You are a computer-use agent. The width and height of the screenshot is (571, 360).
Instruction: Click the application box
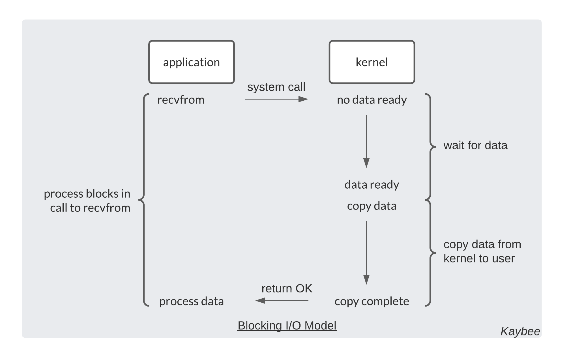[191, 62]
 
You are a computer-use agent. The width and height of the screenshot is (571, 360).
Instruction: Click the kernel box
[372, 62]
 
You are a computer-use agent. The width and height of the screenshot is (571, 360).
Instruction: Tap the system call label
[276, 87]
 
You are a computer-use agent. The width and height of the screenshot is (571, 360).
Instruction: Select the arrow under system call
[276, 99]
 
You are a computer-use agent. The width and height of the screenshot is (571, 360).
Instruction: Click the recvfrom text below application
[181, 100]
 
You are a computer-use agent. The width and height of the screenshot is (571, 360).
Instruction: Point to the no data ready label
[372, 100]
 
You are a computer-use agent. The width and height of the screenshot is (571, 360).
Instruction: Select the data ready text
[372, 184]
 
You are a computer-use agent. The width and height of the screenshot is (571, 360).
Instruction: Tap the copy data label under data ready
[372, 206]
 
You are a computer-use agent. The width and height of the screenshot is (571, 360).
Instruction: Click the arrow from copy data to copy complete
[366, 252]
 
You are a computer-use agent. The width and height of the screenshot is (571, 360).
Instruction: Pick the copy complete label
[372, 301]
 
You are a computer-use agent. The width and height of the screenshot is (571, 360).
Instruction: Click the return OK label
[287, 288]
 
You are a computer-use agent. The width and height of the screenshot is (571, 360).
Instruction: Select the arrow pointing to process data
[282, 301]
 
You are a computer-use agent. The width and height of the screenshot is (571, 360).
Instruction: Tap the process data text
[191, 301]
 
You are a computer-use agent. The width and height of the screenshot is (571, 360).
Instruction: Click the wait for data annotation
[475, 145]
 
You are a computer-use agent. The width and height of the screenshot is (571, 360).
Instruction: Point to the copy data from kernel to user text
[482, 251]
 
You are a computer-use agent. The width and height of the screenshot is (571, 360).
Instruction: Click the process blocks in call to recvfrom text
[87, 201]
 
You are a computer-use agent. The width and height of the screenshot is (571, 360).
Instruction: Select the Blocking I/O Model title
[287, 325]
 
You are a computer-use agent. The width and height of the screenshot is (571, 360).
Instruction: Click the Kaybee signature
[520, 331]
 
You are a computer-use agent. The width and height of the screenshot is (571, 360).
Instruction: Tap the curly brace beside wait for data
[430, 146]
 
